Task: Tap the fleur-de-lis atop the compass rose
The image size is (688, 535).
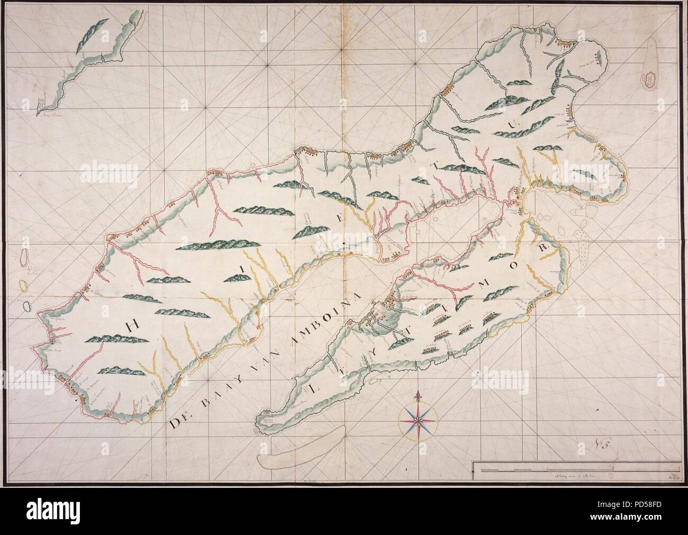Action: pos(418,397)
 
